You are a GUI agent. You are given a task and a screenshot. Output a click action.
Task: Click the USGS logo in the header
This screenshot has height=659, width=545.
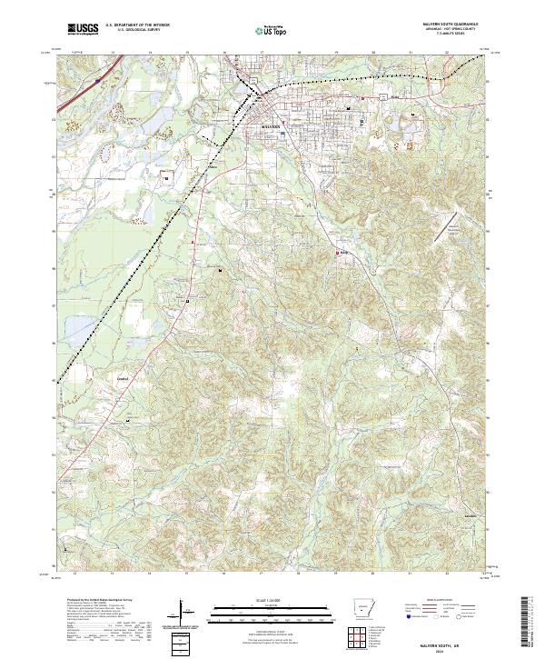pos(83,29)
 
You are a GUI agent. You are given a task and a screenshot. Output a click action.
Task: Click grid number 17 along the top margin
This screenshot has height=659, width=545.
pos(262,53)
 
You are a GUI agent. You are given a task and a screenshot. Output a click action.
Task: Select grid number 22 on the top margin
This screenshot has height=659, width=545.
pos(447,53)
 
